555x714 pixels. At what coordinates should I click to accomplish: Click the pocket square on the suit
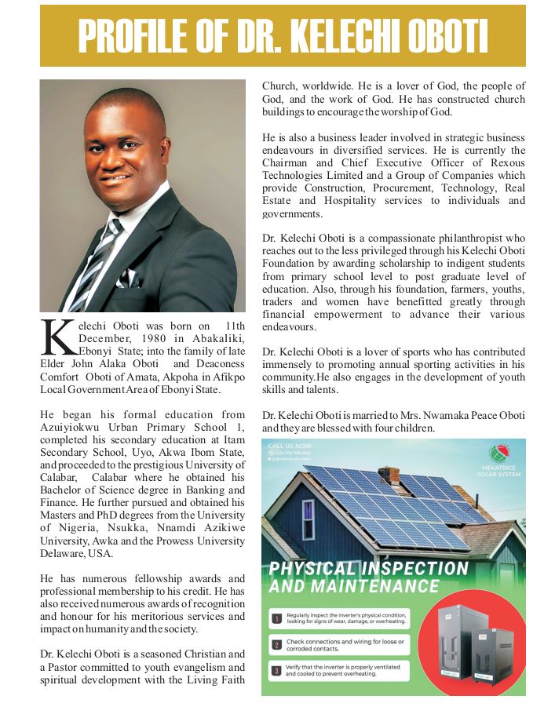(x=126, y=277)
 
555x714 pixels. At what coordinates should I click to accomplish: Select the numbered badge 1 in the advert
(x=276, y=619)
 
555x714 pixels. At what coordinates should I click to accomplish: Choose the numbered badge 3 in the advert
(x=276, y=671)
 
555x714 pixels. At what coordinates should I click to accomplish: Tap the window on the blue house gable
(x=308, y=519)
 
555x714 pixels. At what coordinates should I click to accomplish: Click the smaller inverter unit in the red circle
(x=493, y=654)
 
